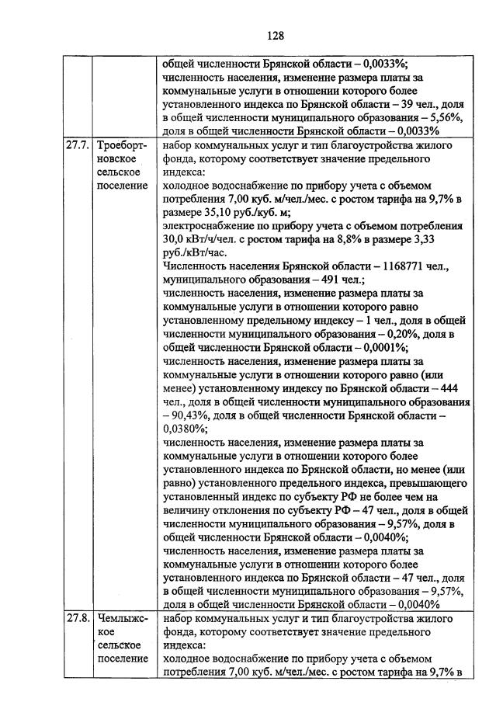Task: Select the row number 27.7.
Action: pos(76,145)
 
